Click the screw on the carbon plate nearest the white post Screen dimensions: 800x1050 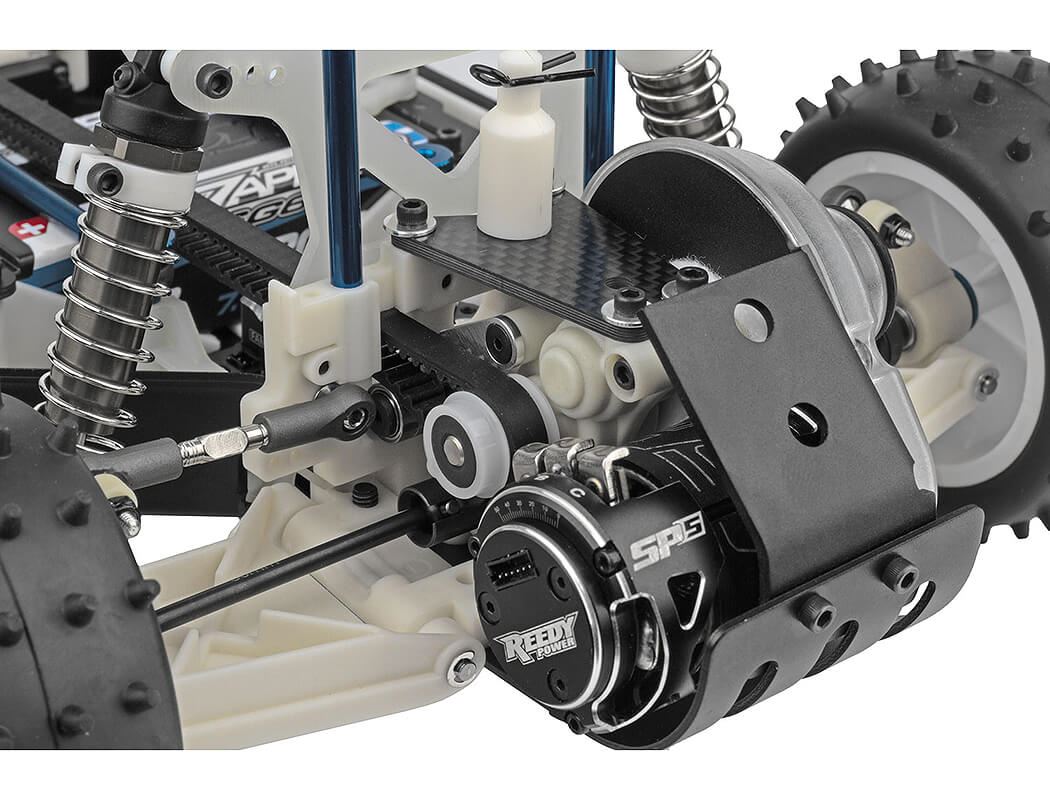tap(411, 214)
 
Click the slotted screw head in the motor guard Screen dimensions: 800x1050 tap(806, 424)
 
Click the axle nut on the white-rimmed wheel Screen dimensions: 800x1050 tap(898, 233)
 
